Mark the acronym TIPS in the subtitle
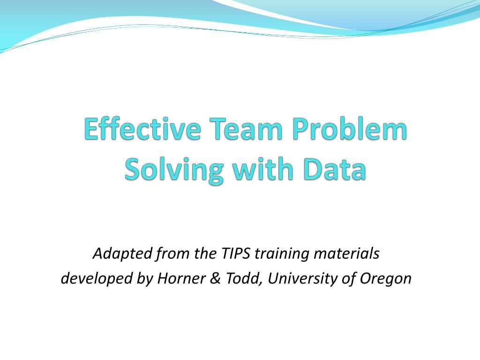[x=234, y=254]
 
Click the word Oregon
[x=385, y=278]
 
